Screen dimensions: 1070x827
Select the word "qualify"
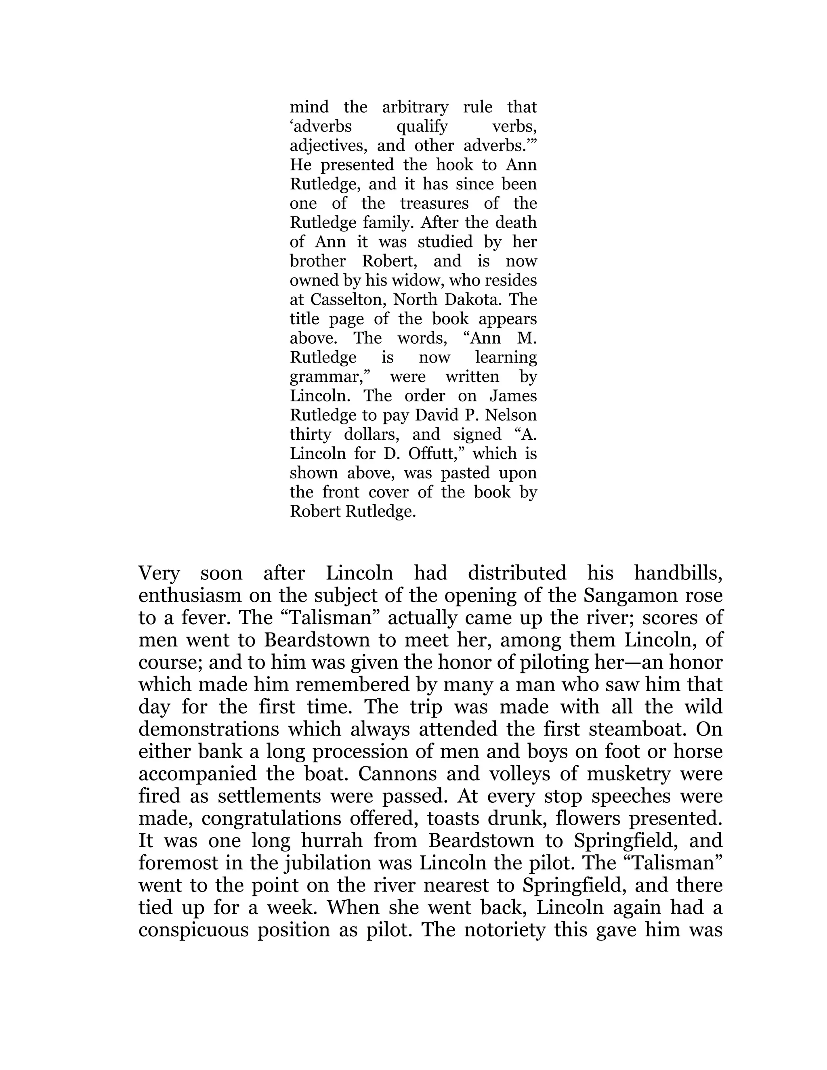pos(422,127)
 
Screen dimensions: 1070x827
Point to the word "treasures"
pos(434,204)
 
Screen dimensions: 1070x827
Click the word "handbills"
pos(678,573)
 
